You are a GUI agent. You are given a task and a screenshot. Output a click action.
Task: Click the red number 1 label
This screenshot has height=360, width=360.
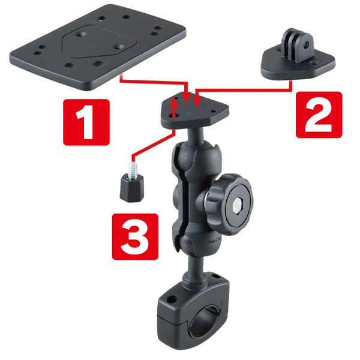click(86, 122)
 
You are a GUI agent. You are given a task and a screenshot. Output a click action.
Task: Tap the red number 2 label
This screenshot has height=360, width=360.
click(319, 115)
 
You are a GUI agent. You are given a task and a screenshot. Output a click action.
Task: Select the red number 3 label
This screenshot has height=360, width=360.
click(135, 237)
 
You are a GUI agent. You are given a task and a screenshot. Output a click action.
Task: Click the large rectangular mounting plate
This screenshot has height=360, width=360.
click(98, 47)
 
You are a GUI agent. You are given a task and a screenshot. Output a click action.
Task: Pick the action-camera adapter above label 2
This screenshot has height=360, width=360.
click(298, 56)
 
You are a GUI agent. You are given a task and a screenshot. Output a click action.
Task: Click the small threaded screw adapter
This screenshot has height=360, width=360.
click(132, 182)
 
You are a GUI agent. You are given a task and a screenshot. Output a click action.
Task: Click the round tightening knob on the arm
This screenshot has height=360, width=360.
click(230, 204)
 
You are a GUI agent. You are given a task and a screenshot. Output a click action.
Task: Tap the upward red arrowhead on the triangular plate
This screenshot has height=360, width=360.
click(175, 102)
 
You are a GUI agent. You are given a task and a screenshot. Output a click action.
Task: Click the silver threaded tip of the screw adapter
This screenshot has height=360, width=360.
click(132, 171)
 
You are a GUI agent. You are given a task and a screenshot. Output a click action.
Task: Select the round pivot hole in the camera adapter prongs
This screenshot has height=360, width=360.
click(306, 45)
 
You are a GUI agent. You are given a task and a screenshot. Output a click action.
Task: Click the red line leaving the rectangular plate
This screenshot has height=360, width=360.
click(154, 82)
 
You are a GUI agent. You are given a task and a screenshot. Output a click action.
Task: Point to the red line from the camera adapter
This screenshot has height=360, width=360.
click(244, 90)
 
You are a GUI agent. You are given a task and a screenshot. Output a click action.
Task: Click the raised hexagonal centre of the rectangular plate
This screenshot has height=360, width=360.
click(100, 42)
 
